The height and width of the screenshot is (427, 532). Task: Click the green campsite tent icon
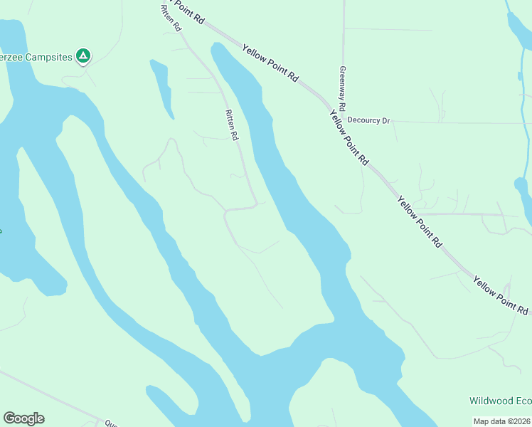point(83,56)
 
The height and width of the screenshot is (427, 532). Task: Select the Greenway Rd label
point(342,88)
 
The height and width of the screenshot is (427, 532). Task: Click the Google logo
point(23,418)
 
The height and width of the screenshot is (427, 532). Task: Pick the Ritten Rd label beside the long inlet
point(230,125)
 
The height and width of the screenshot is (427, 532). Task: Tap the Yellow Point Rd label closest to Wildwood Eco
point(501,296)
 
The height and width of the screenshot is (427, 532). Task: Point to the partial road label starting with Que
point(111,423)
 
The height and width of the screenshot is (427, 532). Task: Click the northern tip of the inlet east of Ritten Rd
point(216,46)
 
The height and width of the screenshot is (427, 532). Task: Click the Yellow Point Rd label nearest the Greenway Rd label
point(270,65)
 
